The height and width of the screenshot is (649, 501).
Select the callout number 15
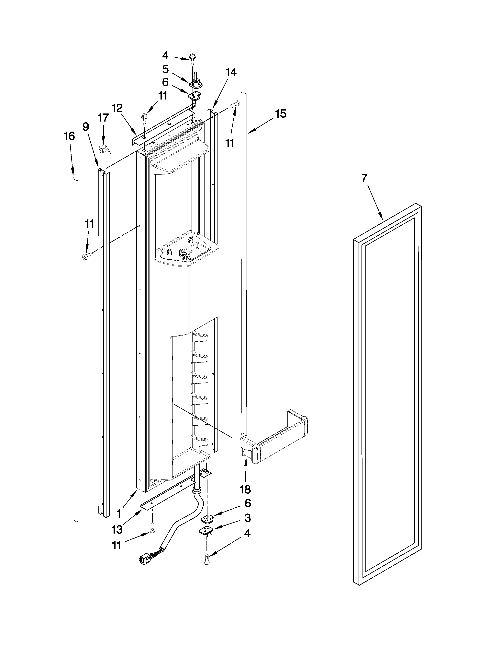(x=281, y=113)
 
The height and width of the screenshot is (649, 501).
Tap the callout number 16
(x=69, y=136)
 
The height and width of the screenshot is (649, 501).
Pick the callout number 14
(x=231, y=72)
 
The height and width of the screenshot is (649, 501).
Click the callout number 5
(x=165, y=69)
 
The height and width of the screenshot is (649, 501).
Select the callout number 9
(x=86, y=127)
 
